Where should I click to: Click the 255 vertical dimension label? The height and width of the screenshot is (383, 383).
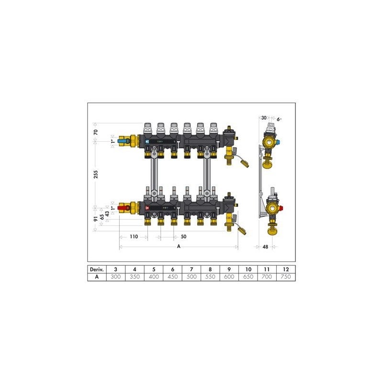coord(95,175)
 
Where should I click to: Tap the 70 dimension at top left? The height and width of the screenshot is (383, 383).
coord(95,132)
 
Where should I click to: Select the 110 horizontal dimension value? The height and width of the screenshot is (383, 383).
coord(134,237)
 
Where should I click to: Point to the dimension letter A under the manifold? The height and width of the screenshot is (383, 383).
coord(179,247)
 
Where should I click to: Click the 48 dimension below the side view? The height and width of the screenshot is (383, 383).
coord(265,247)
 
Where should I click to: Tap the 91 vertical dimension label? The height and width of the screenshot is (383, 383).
coord(95,219)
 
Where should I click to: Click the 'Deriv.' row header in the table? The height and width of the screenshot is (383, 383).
coord(97,270)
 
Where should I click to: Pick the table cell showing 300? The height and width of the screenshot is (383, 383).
coord(116,277)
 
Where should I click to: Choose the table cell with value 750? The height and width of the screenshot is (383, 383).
coord(286,277)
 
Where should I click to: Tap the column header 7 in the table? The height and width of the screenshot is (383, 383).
coord(191,270)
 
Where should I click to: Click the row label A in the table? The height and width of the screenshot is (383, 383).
coord(97,277)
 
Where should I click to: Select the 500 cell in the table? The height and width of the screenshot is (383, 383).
coord(191,277)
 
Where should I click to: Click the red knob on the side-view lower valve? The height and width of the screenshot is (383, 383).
coord(281,208)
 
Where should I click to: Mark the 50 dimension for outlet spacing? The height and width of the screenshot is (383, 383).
coord(183,237)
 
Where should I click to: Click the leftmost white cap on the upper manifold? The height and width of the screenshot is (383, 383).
coord(147,127)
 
